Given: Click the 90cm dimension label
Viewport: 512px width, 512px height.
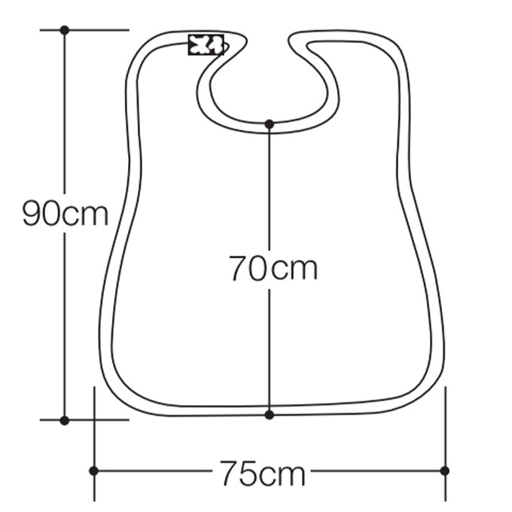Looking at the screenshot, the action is pos(65,213).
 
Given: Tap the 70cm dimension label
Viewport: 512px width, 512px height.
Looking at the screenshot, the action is pos(273,268).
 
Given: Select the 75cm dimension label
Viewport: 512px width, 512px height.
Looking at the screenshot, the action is pos(263,473).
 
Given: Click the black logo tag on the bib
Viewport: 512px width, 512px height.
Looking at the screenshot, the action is pos(206,44).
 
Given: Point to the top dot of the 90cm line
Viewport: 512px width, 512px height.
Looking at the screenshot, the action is pos(65,30).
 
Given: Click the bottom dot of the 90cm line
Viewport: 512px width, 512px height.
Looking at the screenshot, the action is pos(65,421).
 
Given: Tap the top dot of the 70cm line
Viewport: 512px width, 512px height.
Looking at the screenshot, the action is pos(270,124).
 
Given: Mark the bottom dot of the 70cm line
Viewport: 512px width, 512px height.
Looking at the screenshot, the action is pos(270,415).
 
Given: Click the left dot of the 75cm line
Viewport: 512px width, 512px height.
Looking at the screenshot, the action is pos(93,471).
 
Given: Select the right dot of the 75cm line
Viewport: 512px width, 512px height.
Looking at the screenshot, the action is pos(445,471).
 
